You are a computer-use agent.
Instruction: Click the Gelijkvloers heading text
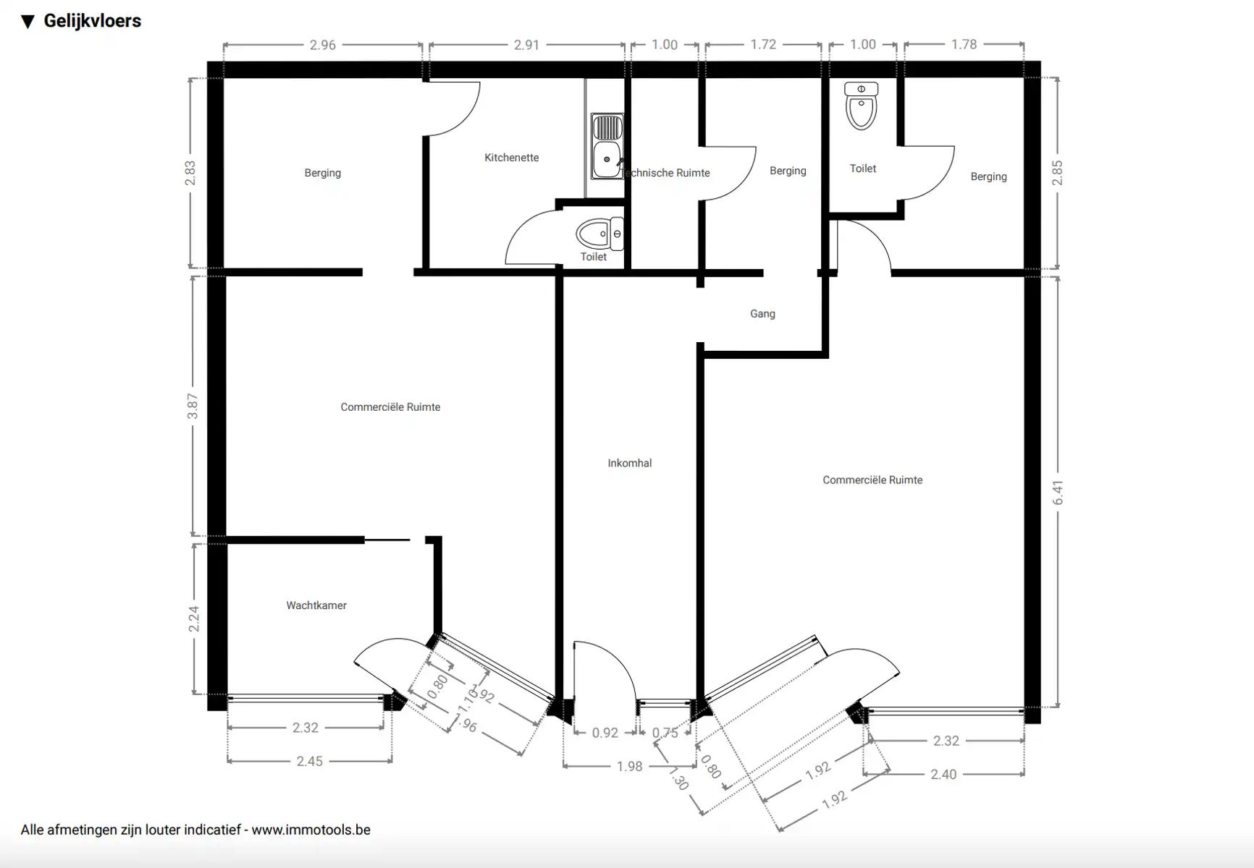[92, 21]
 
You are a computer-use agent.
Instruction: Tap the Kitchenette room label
[511, 158]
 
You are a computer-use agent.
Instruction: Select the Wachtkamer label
[316, 605]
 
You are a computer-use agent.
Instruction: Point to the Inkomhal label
[629, 463]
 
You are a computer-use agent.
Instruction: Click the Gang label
[762, 314]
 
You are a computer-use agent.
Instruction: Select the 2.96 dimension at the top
[322, 45]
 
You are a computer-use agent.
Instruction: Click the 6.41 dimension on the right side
[1058, 493]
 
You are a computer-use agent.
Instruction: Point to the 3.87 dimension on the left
[193, 406]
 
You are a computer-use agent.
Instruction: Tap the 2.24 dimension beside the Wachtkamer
[194, 618]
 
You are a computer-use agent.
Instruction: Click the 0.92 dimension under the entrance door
[605, 733]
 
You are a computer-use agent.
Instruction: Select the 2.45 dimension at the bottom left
[309, 761]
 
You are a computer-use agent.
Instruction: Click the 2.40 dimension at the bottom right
[943, 774]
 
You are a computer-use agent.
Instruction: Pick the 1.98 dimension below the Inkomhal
[629, 766]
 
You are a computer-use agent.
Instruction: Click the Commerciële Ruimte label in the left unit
[390, 407]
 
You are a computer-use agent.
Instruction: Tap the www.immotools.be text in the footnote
[311, 830]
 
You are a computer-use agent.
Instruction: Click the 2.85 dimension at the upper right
[1058, 173]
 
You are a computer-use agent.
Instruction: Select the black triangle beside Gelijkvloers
[28, 22]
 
